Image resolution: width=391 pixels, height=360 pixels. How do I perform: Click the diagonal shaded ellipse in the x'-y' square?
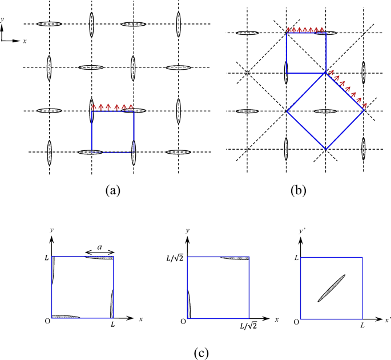[331, 289]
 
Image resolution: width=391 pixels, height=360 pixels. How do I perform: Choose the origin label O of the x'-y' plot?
[293, 322]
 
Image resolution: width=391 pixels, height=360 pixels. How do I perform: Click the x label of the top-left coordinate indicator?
[26, 42]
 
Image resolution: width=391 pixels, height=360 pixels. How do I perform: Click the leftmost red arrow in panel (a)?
[94, 106]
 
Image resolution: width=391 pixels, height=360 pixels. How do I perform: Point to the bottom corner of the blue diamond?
[325, 150]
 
